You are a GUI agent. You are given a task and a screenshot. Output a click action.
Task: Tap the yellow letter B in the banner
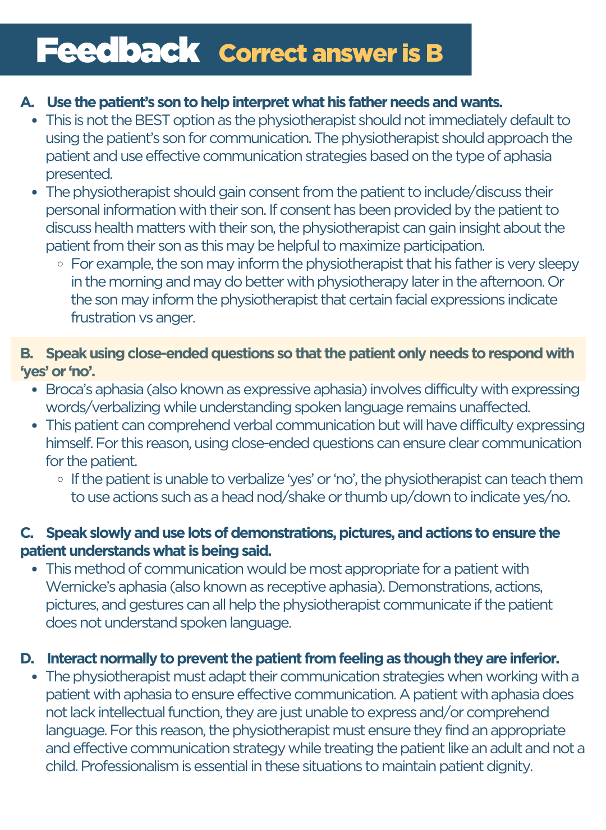pos(434,53)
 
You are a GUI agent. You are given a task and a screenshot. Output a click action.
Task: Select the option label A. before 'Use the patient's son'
pos(27,102)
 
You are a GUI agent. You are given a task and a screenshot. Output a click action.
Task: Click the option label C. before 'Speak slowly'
pos(27,533)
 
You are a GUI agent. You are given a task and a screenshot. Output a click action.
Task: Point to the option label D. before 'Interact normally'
pos(27,658)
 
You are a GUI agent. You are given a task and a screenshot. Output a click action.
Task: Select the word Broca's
pos(67,389)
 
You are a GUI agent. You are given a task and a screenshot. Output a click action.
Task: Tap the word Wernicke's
pos(78,587)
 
